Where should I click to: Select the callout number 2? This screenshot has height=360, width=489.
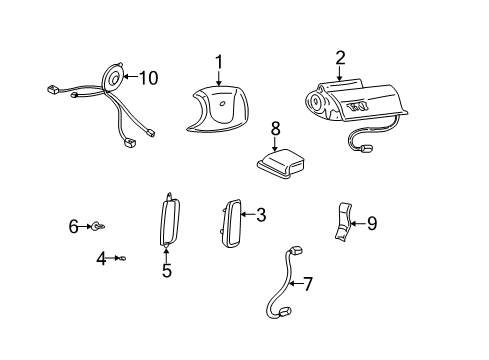[340, 58]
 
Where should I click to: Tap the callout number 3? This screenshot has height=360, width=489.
[260, 215]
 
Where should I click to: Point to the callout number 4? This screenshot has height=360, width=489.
[100, 258]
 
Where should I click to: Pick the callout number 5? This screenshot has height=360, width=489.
[167, 270]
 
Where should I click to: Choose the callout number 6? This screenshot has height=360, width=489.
[73, 227]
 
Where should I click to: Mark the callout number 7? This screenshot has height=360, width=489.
[308, 284]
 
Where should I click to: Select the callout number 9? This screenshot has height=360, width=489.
[371, 224]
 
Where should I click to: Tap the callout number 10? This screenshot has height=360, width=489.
[148, 77]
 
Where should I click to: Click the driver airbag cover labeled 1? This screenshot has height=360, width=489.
[222, 107]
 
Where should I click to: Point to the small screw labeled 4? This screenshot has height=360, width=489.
[121, 258]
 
